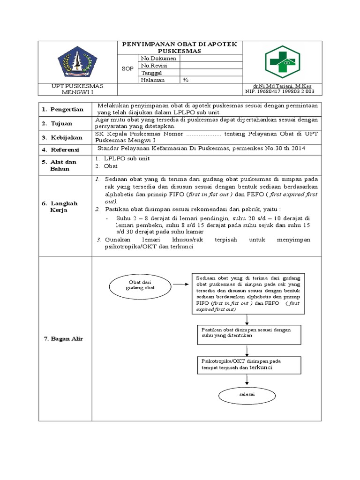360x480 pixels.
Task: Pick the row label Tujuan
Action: click(x=63, y=123)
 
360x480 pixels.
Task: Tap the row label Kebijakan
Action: click(x=67, y=137)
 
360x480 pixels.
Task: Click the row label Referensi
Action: click(x=67, y=150)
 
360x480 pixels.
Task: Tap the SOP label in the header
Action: click(x=127, y=69)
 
